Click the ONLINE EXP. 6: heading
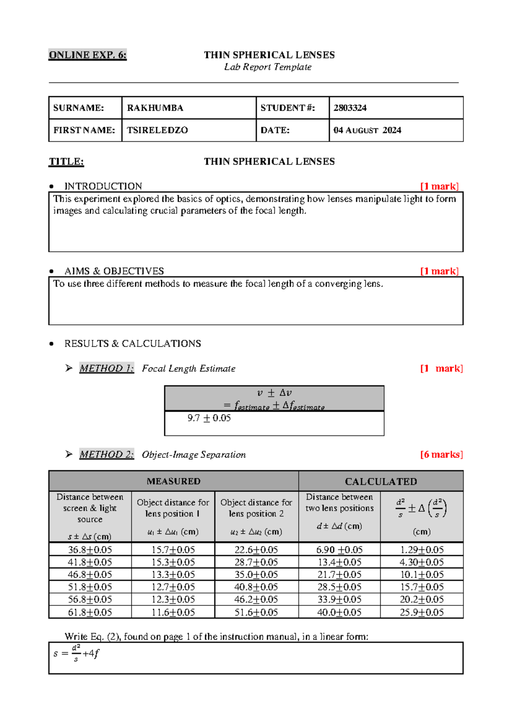(x=87, y=55)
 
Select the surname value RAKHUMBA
(x=155, y=108)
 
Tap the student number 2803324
(x=350, y=108)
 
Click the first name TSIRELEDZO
(x=157, y=130)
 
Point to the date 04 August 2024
(x=367, y=130)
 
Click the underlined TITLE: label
(x=66, y=162)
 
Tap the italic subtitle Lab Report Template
(x=268, y=67)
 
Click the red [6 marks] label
(x=441, y=455)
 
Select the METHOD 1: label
(x=107, y=368)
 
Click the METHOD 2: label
(x=107, y=455)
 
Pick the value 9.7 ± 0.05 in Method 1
(x=209, y=418)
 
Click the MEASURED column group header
(x=173, y=482)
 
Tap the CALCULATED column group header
(x=381, y=482)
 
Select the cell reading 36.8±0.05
(x=90, y=550)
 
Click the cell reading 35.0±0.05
(x=256, y=575)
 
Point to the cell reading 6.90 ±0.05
(x=339, y=550)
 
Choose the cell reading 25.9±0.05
(x=422, y=613)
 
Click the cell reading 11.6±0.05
(x=173, y=613)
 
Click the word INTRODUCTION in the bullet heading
(x=103, y=187)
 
